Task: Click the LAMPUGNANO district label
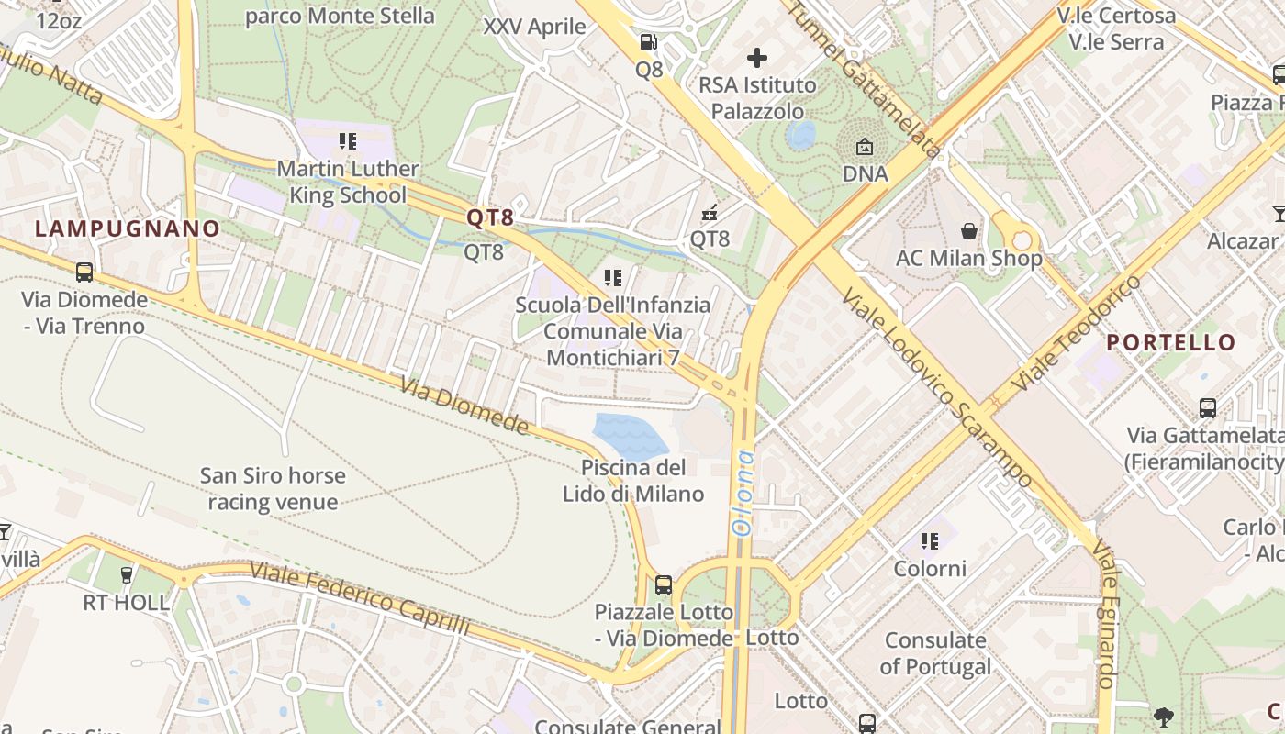point(128,228)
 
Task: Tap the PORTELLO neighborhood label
point(1170,342)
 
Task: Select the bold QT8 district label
point(490,217)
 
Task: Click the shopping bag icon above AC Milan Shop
point(968,231)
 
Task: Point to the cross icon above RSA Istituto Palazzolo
point(757,59)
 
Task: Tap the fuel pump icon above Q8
point(649,42)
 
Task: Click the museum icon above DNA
point(865,147)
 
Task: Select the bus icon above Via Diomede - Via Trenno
point(84,272)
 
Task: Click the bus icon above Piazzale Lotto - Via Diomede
point(664,584)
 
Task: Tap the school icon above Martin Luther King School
point(348,141)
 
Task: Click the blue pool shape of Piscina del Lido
point(630,436)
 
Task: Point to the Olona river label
point(742,493)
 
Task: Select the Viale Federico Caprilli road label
point(360,599)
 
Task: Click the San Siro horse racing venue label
point(273,488)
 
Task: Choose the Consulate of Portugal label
point(935,653)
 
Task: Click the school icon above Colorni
point(930,541)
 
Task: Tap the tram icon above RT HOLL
point(127,575)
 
